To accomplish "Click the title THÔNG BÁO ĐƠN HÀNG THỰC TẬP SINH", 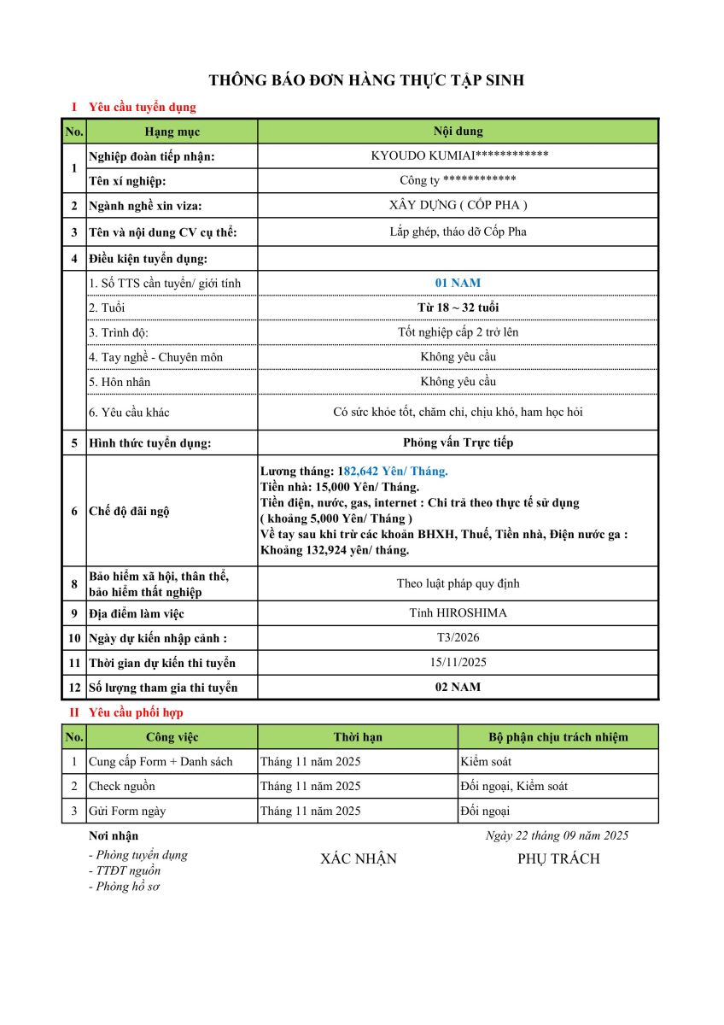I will coord(366,80).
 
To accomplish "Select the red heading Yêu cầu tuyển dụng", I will coord(143,108).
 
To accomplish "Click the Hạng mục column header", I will coord(172,132).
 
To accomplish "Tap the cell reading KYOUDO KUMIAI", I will coord(458,155).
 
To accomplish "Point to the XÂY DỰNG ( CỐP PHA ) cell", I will coord(458,205).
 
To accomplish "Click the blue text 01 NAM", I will coord(458,283).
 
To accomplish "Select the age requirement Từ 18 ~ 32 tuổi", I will coord(458,307).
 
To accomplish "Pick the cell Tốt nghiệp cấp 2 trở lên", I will coord(458,331).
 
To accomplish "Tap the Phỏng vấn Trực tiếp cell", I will coord(458,442).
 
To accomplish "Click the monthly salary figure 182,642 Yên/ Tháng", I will coord(394,471).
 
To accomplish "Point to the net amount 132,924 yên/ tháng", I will coord(351,550).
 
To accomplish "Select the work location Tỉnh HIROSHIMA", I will coord(458,613).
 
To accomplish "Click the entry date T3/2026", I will coord(458,638).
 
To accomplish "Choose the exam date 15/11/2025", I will coord(458,663).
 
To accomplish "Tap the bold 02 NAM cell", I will coord(458,688).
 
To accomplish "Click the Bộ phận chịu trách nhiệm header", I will coord(558,737).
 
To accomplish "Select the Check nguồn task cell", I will coord(122,786).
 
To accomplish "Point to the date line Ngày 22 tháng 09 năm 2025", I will coord(557,835).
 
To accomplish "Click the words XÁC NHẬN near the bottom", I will coord(359,858).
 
